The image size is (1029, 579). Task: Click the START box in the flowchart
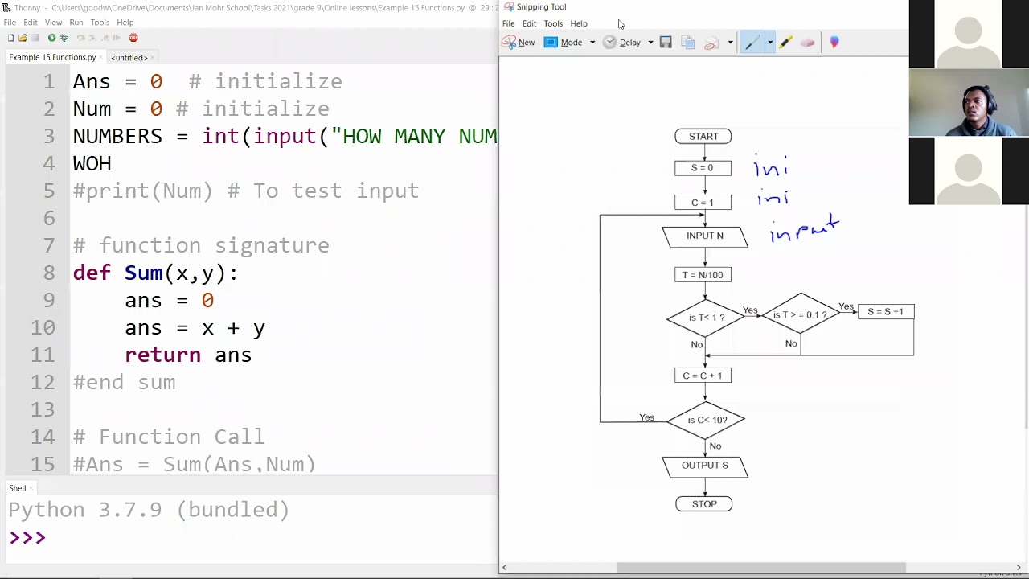click(x=703, y=137)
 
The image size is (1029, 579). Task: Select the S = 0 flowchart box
click(x=703, y=168)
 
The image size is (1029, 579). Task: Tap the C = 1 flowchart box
click(x=703, y=203)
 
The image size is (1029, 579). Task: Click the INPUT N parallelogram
click(x=705, y=236)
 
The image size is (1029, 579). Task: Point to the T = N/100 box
click(x=703, y=275)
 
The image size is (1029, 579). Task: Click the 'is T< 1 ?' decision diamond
click(x=706, y=318)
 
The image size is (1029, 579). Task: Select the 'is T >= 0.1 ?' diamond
click(x=800, y=315)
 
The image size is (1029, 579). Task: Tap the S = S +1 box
click(x=885, y=312)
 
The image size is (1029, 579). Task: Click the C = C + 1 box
click(x=703, y=376)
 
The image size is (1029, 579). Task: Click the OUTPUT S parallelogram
click(x=705, y=466)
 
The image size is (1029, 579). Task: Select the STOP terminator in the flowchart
click(x=704, y=504)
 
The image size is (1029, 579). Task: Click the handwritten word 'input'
click(x=804, y=230)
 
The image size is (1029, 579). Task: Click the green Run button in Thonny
click(x=51, y=38)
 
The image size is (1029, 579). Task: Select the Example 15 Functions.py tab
click(x=52, y=58)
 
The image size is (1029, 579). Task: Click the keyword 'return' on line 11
click(x=162, y=355)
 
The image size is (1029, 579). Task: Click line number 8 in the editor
click(x=49, y=273)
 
